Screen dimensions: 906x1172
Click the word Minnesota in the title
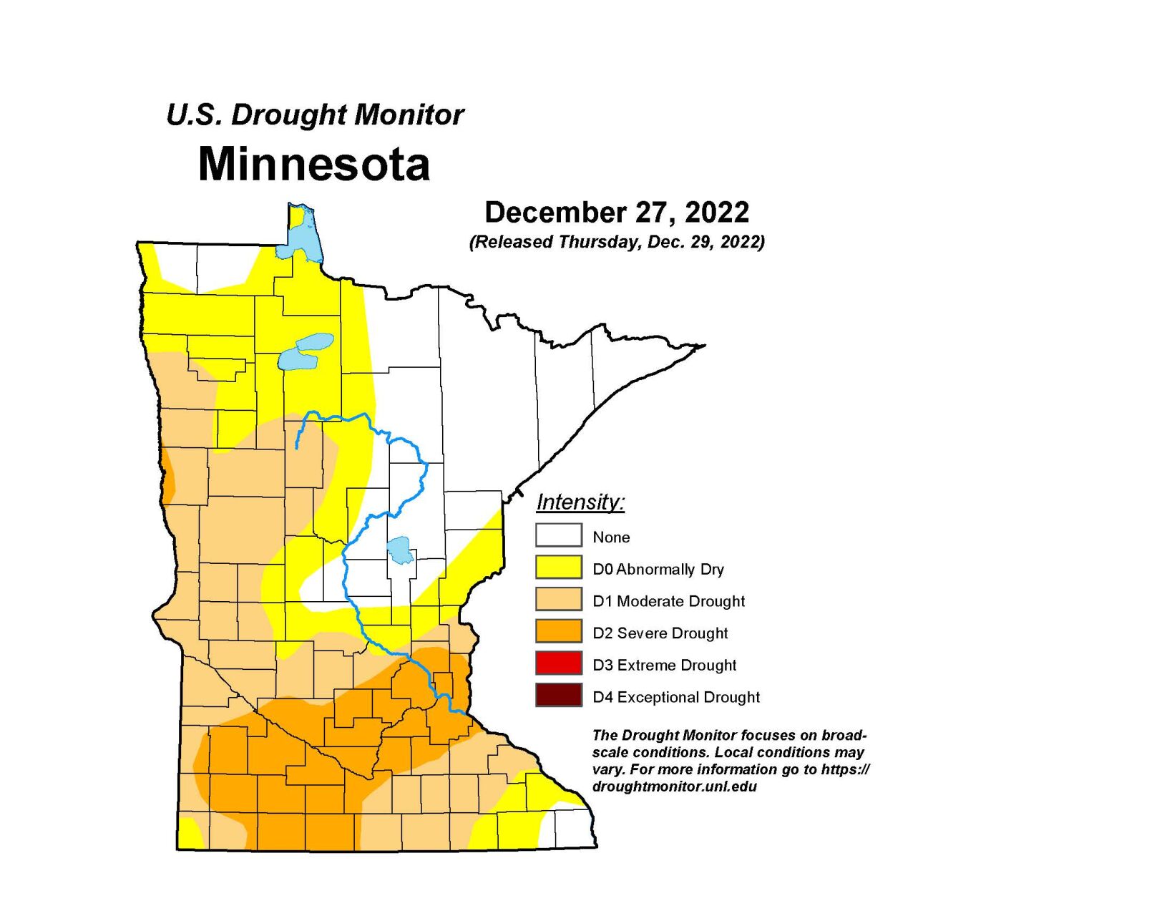(313, 165)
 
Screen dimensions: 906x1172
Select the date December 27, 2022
(617, 213)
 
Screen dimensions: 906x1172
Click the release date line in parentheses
(617, 242)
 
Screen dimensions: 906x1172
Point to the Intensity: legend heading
(580, 502)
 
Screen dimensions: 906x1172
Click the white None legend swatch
(558, 535)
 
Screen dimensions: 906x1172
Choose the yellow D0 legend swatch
(558, 568)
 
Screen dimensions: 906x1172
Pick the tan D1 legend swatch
(558, 600)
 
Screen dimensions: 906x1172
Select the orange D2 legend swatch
(558, 632)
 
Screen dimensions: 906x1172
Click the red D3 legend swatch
(558, 663)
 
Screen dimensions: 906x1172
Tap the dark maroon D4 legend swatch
(558, 696)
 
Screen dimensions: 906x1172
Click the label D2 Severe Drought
(660, 633)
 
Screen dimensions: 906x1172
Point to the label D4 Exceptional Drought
(675, 697)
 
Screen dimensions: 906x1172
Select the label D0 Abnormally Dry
(658, 570)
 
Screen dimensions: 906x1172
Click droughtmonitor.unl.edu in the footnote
(674, 786)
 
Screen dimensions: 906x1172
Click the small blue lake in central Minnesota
(399, 550)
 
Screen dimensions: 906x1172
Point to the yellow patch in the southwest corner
(190, 834)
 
